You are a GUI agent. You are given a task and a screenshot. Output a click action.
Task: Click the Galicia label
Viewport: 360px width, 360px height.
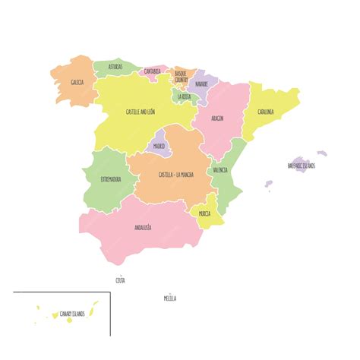coord(77,82)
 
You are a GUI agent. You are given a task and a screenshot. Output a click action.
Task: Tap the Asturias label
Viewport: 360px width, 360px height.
coord(115,66)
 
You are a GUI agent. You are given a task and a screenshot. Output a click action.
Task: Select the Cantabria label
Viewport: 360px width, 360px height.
coord(152,71)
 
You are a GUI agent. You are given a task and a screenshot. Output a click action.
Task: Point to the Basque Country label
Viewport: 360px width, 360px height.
coord(181,77)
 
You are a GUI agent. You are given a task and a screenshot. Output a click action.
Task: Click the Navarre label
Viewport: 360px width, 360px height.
coord(201,84)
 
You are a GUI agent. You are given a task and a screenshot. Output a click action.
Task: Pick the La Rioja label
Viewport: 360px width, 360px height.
coord(185,97)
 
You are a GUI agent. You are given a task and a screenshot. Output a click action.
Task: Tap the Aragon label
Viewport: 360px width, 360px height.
coord(217,119)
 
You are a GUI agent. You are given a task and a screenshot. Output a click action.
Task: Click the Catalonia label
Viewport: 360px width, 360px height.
coord(265,112)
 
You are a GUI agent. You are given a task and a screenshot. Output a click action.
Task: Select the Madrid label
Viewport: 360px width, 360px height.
coord(159,146)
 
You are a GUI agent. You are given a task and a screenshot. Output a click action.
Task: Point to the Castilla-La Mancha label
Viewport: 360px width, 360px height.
coord(176,175)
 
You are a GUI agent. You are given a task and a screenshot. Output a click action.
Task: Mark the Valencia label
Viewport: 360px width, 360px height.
coord(220,170)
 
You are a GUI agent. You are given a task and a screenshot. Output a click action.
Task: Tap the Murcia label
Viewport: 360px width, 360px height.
coord(205,214)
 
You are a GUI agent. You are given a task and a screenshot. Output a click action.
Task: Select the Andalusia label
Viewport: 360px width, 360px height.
coord(143,227)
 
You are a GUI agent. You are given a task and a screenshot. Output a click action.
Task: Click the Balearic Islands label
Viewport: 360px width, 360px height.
coord(302,165)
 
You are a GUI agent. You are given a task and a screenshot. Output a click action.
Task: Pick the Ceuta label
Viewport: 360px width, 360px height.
coord(120,280)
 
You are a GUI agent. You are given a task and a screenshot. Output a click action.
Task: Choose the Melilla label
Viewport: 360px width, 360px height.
coord(170,298)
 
